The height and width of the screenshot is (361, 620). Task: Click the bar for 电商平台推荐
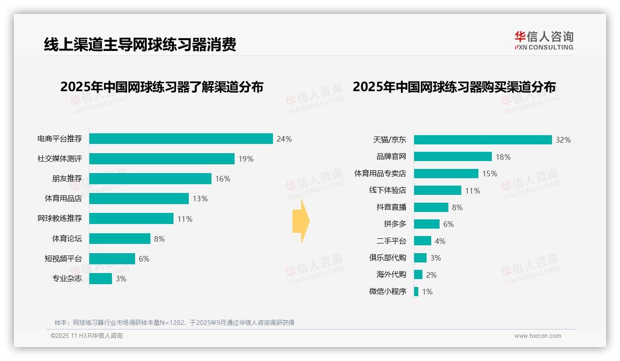(181, 139)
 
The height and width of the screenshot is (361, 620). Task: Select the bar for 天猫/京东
(483, 140)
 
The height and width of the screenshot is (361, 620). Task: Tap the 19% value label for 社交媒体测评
(246, 159)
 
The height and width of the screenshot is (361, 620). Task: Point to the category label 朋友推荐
(67, 179)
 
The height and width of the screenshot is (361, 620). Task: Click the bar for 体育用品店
(139, 199)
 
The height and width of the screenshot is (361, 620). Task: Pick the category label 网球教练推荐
(60, 218)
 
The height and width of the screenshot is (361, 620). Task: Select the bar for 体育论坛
(120, 238)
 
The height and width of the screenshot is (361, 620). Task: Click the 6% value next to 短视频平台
(144, 259)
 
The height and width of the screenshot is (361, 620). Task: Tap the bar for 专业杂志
(100, 279)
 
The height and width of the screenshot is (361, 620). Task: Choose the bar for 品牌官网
(453, 156)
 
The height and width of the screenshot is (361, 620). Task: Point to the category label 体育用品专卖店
(380, 174)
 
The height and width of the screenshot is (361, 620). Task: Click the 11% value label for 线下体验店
(473, 191)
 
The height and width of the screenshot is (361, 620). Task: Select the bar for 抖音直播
(431, 207)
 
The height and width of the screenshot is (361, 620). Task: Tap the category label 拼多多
(395, 224)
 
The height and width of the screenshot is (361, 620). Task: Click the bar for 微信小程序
(416, 292)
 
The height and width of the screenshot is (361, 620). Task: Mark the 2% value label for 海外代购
(431, 275)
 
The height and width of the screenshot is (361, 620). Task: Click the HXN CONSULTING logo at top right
(544, 41)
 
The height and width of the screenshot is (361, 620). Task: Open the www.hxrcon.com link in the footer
(538, 336)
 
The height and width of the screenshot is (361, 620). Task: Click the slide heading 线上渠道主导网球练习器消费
(140, 44)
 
